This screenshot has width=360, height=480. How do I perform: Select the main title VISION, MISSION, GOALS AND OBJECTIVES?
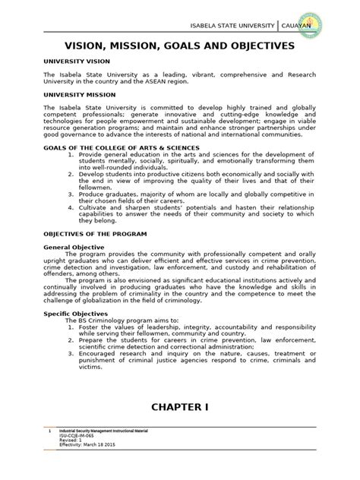click(x=179, y=46)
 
